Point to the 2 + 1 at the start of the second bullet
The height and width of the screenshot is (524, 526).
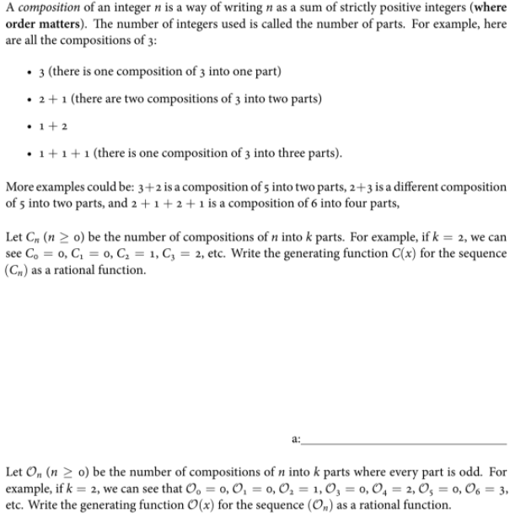coord(50,98)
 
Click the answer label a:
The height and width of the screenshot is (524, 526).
coord(294,440)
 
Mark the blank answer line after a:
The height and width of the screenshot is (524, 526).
coord(404,442)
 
